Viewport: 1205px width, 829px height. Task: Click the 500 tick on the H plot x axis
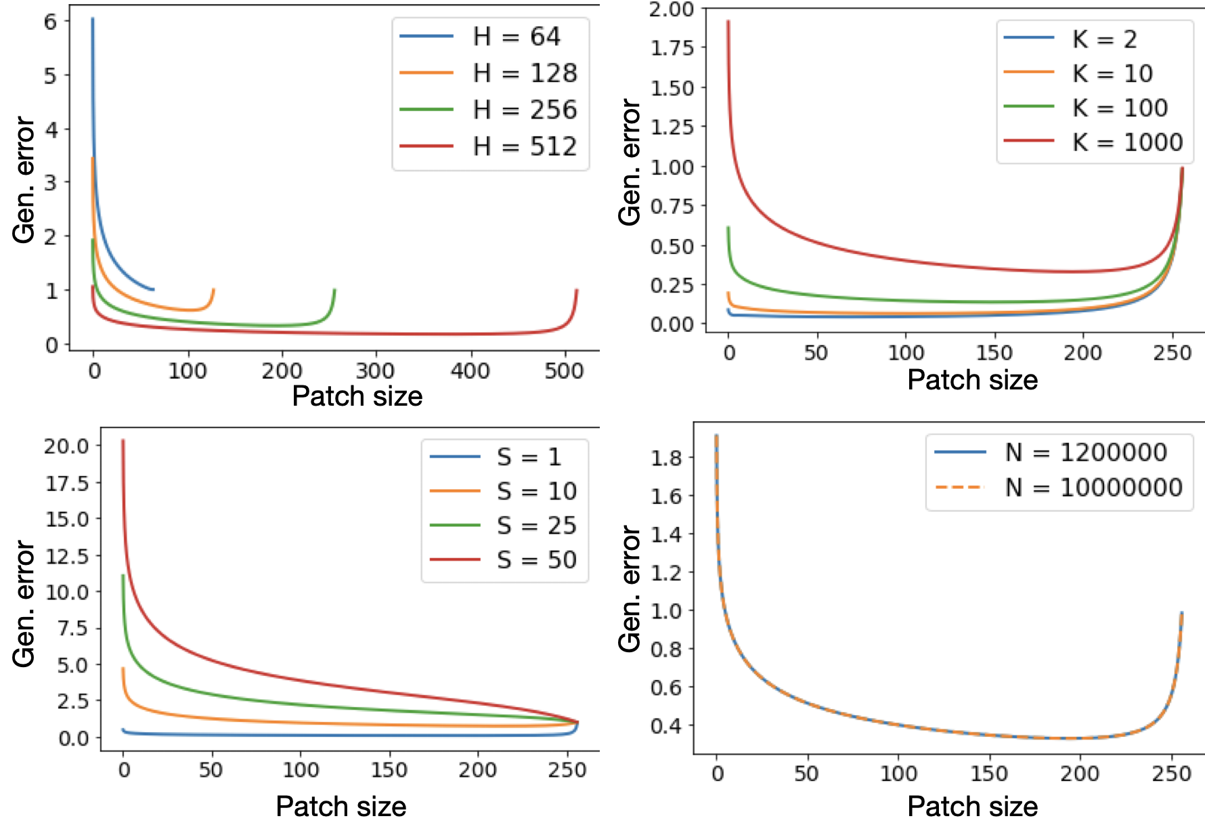point(563,370)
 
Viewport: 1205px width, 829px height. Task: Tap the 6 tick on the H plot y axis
point(51,22)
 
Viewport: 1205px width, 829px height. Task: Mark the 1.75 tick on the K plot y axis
point(672,48)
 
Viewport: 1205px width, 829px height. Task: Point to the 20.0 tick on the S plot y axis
point(67,446)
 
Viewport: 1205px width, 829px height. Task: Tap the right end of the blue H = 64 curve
point(153,289)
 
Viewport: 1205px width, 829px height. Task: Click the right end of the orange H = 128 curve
point(213,290)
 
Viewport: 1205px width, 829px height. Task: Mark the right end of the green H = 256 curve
point(334,290)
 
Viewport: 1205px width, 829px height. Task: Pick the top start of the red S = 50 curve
point(123,441)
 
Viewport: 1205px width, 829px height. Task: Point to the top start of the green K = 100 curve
point(728,228)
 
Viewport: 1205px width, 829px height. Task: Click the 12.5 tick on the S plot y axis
point(67,556)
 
